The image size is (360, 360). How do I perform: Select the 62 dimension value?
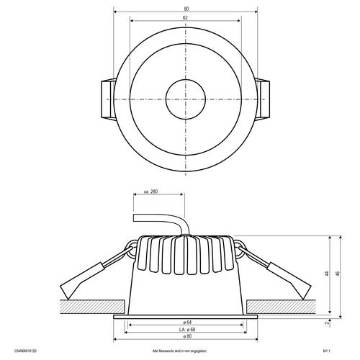pos(185,17)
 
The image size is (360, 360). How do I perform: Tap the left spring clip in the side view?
pos(86,277)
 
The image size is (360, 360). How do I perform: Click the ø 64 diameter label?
pos(185,321)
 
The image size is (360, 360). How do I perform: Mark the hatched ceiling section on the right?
pos(288,307)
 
